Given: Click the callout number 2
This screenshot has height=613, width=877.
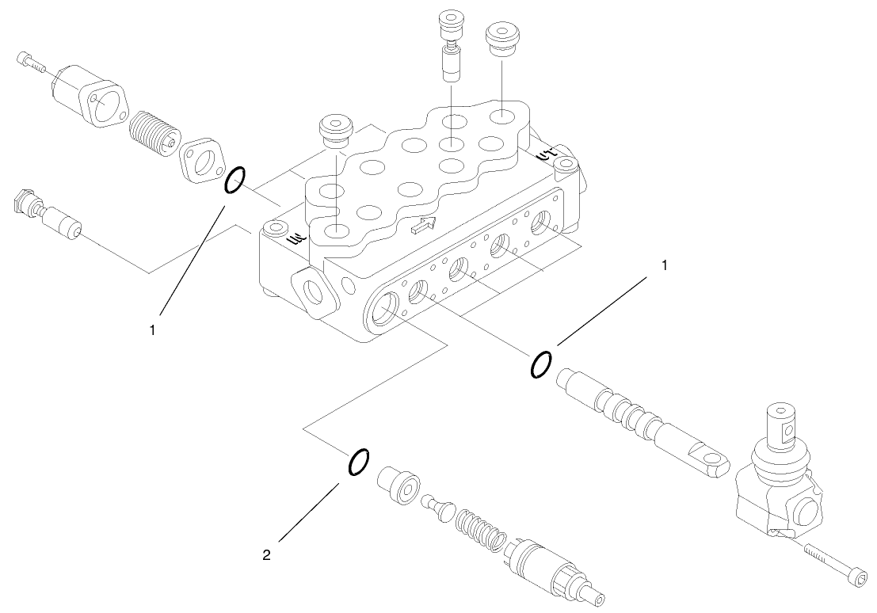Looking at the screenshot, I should tap(266, 555).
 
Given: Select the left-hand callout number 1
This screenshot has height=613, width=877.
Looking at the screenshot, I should tap(153, 327).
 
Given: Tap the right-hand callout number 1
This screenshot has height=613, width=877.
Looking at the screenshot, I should tap(664, 265).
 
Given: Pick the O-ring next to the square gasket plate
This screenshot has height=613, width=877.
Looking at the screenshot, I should tap(235, 181).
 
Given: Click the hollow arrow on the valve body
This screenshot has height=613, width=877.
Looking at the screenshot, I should tap(424, 226).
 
